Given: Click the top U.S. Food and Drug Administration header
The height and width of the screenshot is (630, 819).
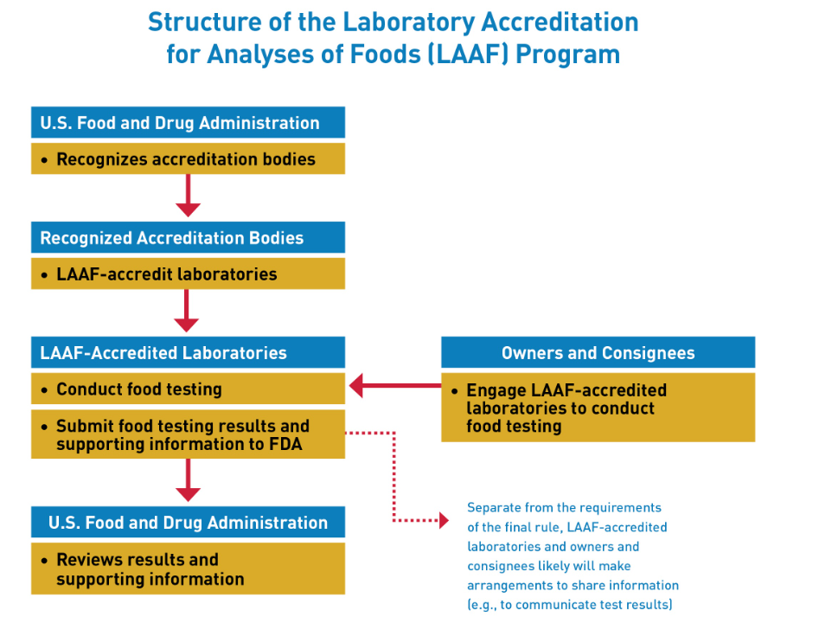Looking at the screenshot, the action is (x=188, y=122).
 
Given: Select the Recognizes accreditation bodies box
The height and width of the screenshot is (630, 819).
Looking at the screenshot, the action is (x=188, y=158).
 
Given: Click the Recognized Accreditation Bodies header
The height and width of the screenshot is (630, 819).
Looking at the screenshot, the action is (x=188, y=237).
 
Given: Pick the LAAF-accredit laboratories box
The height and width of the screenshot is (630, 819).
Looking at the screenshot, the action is (x=188, y=273).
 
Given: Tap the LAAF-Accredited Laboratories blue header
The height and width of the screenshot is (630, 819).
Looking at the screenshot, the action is (x=188, y=352).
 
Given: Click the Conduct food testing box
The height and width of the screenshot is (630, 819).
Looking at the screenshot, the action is (x=188, y=389).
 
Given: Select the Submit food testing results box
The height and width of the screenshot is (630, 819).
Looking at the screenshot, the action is (x=188, y=434).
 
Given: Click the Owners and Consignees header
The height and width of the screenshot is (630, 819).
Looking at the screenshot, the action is (x=598, y=352).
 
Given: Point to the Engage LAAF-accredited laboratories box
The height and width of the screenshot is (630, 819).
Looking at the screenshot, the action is (x=598, y=408).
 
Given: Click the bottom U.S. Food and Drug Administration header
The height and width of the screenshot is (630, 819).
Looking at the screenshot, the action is (x=188, y=522).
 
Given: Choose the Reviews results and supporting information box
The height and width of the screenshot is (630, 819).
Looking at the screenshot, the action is (x=188, y=569).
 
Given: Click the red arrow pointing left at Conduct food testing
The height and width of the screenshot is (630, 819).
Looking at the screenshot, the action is (x=395, y=386).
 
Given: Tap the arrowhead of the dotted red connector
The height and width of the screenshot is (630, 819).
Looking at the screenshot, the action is (x=444, y=520).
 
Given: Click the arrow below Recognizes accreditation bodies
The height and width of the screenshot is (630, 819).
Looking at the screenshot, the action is (x=188, y=196).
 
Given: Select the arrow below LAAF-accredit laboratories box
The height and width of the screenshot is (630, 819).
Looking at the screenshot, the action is (x=187, y=311).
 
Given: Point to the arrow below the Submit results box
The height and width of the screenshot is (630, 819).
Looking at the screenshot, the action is (x=188, y=480).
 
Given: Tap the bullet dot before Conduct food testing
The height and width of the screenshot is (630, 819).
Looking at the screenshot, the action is (x=44, y=390).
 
